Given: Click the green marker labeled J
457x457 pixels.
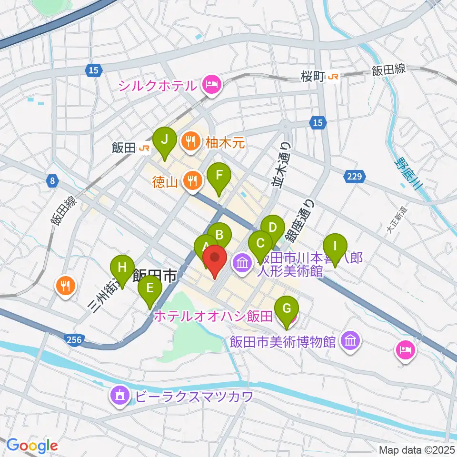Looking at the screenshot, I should coord(165,140).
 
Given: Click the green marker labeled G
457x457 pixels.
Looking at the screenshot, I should coord(286,309).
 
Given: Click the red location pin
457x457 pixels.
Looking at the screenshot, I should coord(215,260).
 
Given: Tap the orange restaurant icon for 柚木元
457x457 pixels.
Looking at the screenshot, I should coord(191,140).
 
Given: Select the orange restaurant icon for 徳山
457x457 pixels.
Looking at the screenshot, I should coord(192,180).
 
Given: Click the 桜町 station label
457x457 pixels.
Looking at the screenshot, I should coord(313,76).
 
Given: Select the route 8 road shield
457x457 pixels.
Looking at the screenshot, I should coord(52,180).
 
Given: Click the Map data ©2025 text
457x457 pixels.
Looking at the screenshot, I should coord(417,450).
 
